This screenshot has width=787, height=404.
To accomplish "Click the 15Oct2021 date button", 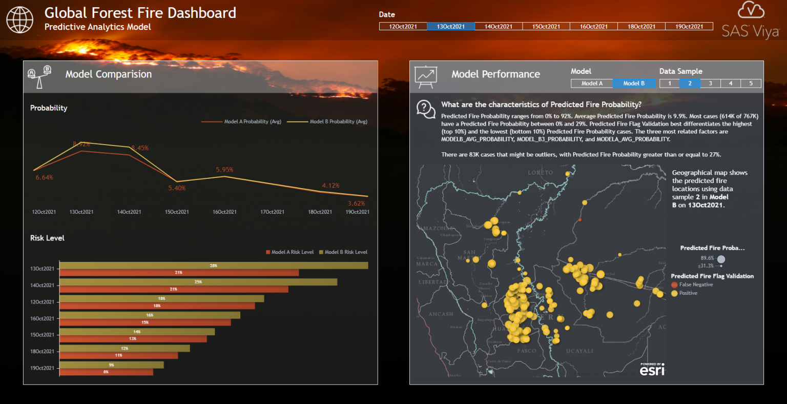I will [546, 27].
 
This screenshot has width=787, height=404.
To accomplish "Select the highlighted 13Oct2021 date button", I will [451, 27].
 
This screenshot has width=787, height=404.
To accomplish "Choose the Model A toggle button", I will [592, 84].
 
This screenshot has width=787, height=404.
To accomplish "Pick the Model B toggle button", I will [634, 84].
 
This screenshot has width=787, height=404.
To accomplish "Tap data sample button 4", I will [731, 84].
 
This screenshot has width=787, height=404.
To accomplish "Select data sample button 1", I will [670, 84].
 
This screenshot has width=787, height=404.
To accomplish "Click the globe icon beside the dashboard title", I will [19, 20].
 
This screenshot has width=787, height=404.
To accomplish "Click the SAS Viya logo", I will [751, 21].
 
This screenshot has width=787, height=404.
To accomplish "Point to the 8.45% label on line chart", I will [139, 148].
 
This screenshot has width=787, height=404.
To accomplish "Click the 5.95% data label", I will [224, 170].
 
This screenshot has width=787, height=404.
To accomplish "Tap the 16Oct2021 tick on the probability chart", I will [224, 212].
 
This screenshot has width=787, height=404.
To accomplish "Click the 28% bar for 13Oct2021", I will [214, 266].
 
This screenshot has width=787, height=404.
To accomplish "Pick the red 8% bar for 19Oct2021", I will [106, 372].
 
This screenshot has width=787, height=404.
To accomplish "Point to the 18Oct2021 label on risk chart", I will [42, 352].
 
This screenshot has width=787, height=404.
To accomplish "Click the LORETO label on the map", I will [540, 173].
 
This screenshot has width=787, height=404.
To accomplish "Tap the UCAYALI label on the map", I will [579, 351].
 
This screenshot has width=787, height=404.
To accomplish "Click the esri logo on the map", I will [652, 369].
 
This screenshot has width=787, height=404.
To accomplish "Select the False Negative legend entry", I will [695, 285].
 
